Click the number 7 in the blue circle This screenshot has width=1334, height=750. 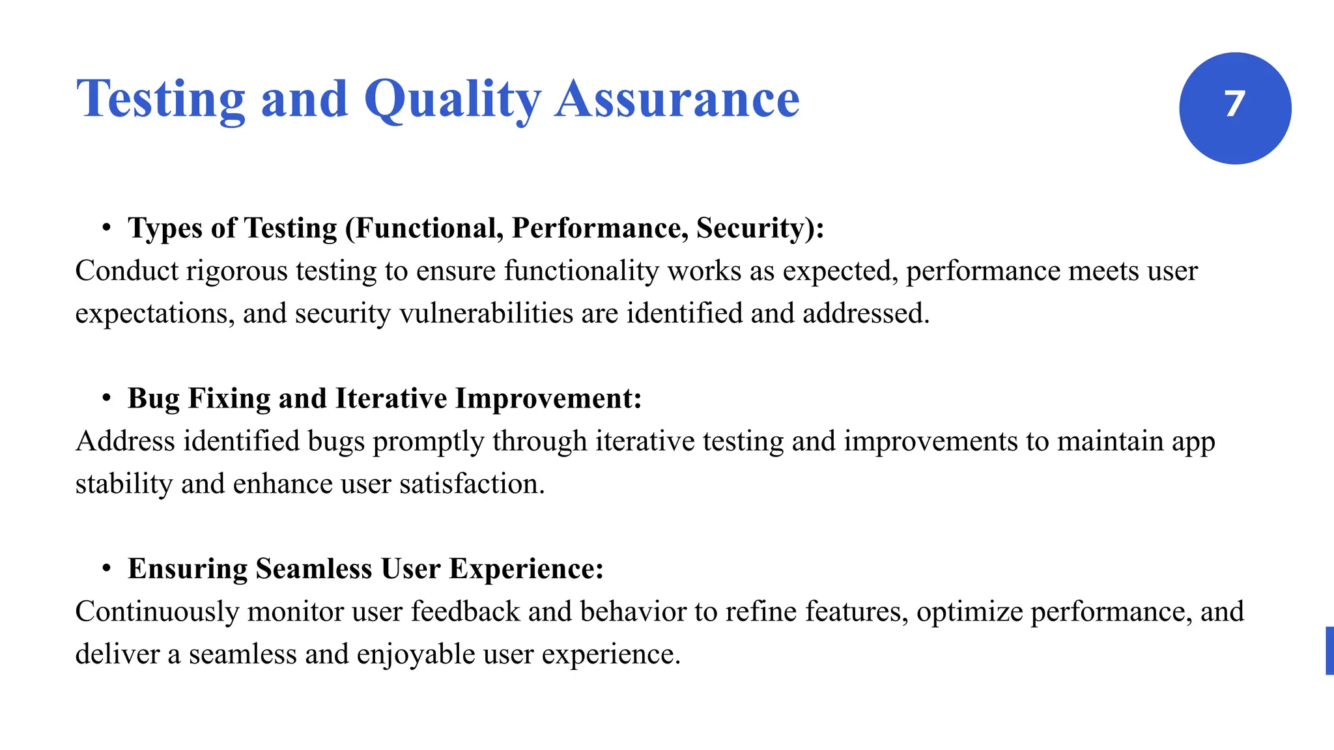1234,105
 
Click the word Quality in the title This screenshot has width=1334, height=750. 452,100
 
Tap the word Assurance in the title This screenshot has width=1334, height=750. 677,100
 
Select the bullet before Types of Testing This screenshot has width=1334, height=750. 106,229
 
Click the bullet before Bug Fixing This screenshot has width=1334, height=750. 106,399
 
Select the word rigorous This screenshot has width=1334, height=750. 236,271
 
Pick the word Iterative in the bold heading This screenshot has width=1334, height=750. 391,399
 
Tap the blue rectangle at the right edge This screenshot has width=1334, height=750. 1329,650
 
